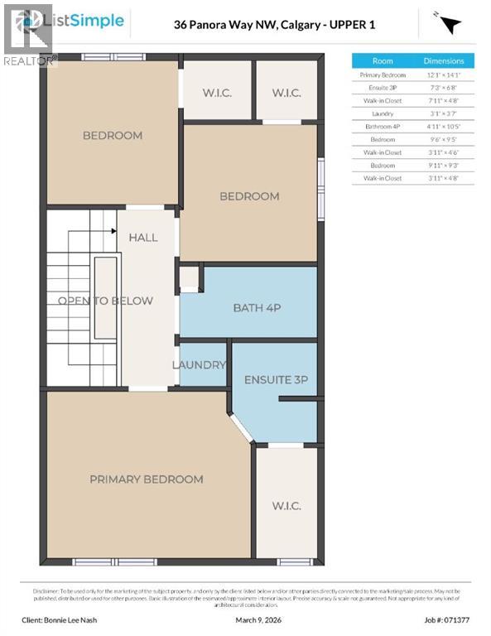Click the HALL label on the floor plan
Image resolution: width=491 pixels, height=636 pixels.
click(x=143, y=238)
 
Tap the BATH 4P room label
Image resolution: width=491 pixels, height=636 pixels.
click(x=257, y=308)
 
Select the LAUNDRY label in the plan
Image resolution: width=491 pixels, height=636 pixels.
click(x=199, y=365)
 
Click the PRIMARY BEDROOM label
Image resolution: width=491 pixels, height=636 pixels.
click(x=147, y=479)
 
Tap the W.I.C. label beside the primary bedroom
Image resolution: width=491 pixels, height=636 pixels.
click(x=286, y=506)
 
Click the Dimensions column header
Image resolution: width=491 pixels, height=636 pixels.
click(x=444, y=61)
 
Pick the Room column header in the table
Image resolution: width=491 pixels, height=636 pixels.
click(x=383, y=61)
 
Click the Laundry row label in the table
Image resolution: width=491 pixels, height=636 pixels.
click(x=383, y=113)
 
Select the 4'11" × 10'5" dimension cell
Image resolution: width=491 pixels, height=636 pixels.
click(x=444, y=127)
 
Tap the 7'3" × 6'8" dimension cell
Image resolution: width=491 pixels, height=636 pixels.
click(x=444, y=88)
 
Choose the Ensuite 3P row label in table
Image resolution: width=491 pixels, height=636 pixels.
click(x=383, y=88)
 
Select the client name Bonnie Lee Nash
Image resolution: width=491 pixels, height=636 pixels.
click(x=71, y=619)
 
